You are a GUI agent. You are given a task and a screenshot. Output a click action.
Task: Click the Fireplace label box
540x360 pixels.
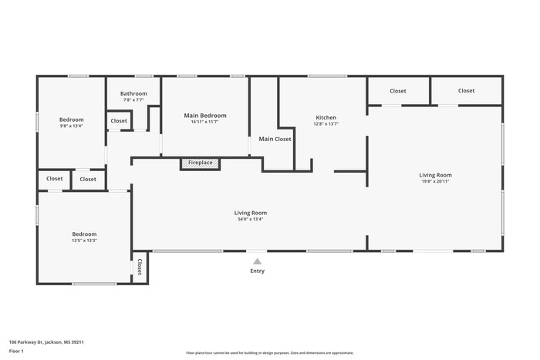(201, 163)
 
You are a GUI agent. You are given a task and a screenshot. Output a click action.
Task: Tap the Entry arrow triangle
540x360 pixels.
(257, 261)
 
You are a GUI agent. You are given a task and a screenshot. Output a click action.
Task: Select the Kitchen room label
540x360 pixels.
(326, 117)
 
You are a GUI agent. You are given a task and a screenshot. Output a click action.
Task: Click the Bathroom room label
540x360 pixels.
(133, 93)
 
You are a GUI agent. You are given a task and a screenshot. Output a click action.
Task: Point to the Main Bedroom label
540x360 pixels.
(205, 116)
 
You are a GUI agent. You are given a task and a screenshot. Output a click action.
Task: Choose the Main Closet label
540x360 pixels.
(275, 140)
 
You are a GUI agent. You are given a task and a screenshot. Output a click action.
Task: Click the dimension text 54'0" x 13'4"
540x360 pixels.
(251, 219)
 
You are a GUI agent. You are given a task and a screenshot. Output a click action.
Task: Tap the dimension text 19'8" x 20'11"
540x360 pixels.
(435, 181)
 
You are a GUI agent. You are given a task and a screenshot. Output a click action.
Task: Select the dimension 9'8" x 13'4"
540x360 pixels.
(72, 126)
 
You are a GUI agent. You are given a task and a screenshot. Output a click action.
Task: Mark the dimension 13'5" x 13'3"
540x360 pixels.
(84, 241)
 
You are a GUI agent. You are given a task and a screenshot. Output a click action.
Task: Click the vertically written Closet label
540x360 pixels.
(140, 267)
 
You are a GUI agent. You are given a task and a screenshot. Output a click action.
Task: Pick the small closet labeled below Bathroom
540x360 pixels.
(119, 121)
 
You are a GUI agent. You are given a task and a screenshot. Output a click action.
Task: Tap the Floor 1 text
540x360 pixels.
(16, 351)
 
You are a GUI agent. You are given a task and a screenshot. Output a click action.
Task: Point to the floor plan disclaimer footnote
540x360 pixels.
(269, 352)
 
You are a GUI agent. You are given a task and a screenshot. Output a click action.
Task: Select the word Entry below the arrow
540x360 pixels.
(257, 271)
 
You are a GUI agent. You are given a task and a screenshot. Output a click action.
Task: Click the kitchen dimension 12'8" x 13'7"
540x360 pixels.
(326, 123)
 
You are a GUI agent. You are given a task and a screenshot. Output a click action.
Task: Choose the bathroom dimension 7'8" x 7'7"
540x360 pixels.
(133, 99)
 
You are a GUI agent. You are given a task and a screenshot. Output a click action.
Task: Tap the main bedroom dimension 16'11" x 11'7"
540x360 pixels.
(205, 122)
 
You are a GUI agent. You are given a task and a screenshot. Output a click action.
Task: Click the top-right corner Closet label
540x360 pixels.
(466, 91)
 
